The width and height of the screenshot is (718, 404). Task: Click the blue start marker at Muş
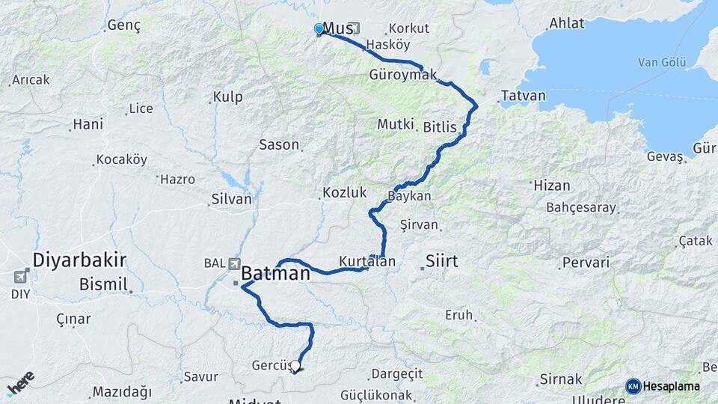point(319,29)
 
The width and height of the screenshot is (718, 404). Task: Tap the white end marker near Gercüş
point(295,366)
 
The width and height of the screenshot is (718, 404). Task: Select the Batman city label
point(275,274)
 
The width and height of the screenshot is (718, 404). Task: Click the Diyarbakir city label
point(79,260)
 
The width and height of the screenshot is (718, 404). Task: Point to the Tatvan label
point(524,97)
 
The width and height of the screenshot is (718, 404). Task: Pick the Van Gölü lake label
point(662,62)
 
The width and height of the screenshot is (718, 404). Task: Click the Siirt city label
point(441,261)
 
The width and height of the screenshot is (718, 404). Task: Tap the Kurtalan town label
point(366,260)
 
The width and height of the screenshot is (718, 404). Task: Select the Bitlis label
point(440,127)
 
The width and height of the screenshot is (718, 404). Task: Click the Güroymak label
point(403,76)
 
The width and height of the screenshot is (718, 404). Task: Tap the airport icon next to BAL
point(235,263)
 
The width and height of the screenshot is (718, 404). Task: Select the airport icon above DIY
point(20,277)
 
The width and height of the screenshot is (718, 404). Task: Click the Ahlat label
point(566,23)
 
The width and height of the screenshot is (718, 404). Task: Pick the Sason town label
point(279,144)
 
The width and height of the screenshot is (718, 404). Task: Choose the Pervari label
point(586,263)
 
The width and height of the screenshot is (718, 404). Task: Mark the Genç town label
point(124,25)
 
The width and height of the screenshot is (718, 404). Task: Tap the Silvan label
point(233,201)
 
